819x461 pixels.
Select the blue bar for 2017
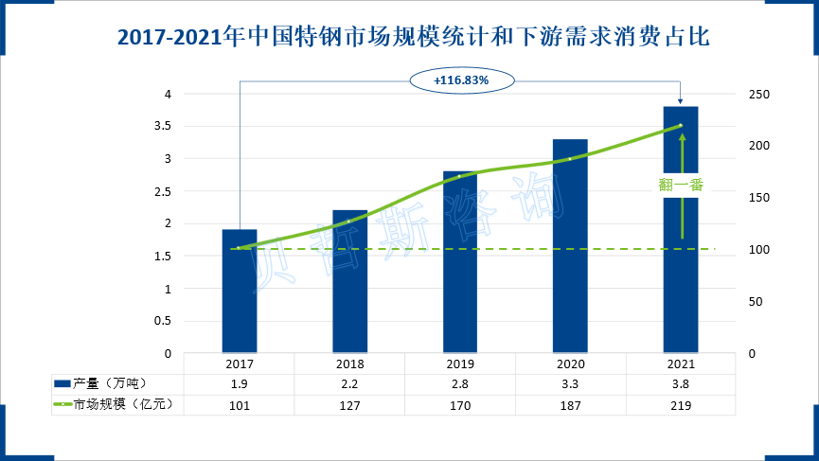(x=240, y=290)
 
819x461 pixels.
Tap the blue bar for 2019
(x=460, y=261)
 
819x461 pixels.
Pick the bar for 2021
(x=681, y=229)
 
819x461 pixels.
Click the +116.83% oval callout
(x=461, y=80)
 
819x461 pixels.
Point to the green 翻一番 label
(x=682, y=185)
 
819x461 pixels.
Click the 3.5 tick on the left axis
(x=167, y=126)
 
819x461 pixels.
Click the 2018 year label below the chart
(x=349, y=364)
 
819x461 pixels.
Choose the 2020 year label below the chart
(x=570, y=364)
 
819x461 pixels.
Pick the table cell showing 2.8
(x=460, y=383)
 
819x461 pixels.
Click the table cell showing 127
(x=349, y=404)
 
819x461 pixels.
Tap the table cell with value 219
(x=681, y=404)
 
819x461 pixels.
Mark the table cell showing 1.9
(x=240, y=383)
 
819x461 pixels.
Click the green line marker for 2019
(x=460, y=176)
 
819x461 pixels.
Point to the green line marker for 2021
(x=681, y=126)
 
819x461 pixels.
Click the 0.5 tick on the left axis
(x=167, y=321)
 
